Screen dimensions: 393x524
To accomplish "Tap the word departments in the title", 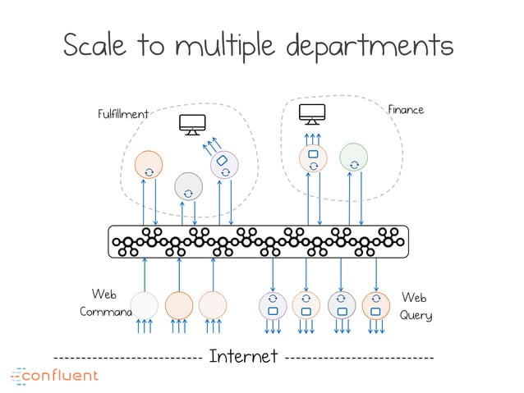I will (372, 47).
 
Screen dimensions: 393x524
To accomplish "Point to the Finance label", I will (405, 108).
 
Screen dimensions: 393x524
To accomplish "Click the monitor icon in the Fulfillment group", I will (193, 124).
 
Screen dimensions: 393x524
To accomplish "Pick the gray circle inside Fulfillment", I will (188, 185).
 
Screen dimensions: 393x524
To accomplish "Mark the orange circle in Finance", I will (313, 158).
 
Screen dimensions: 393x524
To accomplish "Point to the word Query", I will (416, 315).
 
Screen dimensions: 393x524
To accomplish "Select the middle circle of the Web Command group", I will (179, 305).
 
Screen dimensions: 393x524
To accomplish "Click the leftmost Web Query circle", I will (272, 304).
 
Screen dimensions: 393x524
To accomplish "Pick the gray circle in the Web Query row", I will (341, 304).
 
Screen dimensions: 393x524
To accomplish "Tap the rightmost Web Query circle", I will (375, 304).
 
